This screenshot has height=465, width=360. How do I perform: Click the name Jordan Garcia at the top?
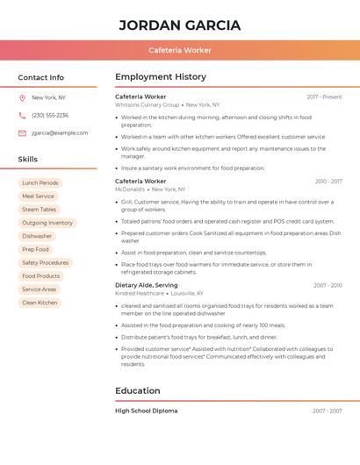[x=180, y=25]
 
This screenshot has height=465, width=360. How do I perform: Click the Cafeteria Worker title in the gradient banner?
[x=180, y=50]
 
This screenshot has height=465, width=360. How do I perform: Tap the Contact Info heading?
[x=41, y=77]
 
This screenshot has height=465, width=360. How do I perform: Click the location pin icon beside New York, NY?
[x=22, y=97]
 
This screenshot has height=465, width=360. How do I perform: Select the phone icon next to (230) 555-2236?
[x=22, y=115]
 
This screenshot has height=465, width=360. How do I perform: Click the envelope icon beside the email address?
[x=22, y=133]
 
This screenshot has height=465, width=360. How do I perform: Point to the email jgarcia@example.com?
[x=60, y=133]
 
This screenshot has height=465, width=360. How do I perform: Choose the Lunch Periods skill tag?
[x=40, y=182]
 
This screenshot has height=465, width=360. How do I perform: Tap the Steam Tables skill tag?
[x=39, y=210]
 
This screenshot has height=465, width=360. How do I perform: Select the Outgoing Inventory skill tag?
[x=47, y=223]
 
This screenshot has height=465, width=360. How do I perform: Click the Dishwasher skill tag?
[x=37, y=236]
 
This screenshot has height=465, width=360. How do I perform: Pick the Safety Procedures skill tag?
[x=45, y=263]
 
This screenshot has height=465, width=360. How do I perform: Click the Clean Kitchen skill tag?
[x=40, y=303]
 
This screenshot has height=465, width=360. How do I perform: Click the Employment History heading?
[x=161, y=77]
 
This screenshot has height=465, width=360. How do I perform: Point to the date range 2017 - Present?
[x=324, y=97]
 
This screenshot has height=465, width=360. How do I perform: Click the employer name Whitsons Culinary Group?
[x=147, y=104]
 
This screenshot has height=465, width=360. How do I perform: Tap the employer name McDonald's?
[x=130, y=189]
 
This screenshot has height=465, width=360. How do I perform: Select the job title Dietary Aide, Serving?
[x=146, y=285]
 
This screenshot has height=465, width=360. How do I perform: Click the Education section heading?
[x=137, y=390]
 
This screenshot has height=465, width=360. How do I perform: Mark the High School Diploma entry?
[x=146, y=411]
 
